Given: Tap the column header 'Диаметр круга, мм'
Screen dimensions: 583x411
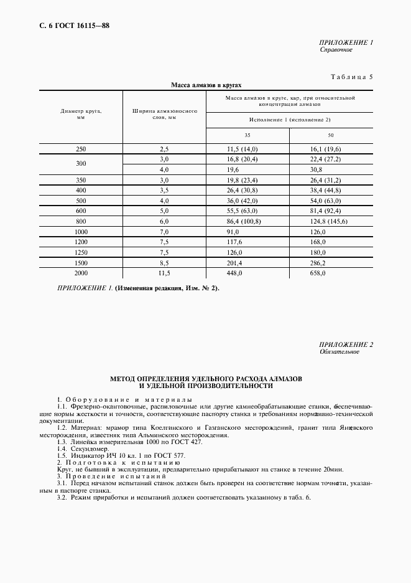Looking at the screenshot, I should tap(81, 114).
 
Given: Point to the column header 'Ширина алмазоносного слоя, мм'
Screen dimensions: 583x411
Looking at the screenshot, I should tap(164, 114).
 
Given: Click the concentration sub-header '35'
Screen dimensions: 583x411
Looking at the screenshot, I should tap(247, 135).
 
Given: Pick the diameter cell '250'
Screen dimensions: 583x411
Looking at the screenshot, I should tap(81, 149).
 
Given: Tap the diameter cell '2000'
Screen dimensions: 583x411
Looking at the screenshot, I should tap(81, 272).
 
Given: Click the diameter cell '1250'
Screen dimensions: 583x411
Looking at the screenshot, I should tap(81, 253).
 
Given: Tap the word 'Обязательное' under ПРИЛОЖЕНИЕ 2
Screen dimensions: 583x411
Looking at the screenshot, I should tap(339, 352).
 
